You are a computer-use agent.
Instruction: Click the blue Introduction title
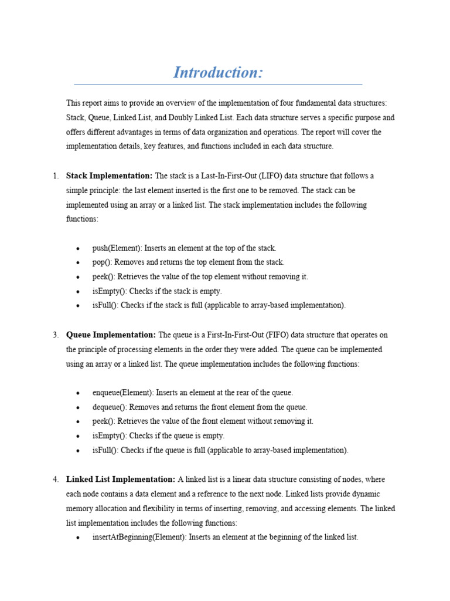tap(218, 73)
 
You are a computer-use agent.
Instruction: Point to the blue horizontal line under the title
tap(218, 85)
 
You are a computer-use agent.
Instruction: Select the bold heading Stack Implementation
tap(109, 176)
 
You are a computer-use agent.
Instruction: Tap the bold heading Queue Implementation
tap(111, 335)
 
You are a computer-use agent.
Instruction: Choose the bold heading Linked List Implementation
tap(121, 480)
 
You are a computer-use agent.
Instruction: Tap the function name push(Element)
tap(117, 248)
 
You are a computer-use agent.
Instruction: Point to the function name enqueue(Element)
tap(122, 393)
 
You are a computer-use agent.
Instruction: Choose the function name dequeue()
tap(109, 407)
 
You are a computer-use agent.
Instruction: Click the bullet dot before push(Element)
tap(78, 249)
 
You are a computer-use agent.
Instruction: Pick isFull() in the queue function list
tap(105, 450)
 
